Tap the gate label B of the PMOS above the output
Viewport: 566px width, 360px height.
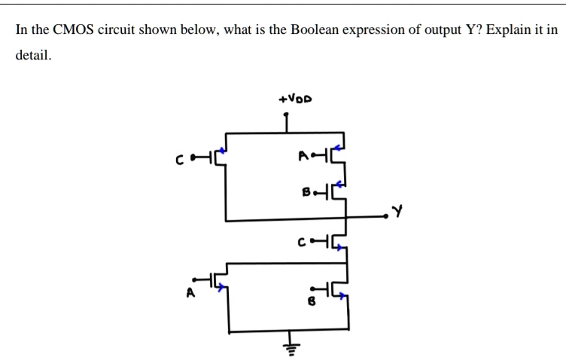tap(306, 192)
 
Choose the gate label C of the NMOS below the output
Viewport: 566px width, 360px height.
tap(302, 242)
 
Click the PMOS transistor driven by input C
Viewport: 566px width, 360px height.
tap(218, 158)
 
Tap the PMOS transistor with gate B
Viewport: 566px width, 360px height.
tap(337, 191)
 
